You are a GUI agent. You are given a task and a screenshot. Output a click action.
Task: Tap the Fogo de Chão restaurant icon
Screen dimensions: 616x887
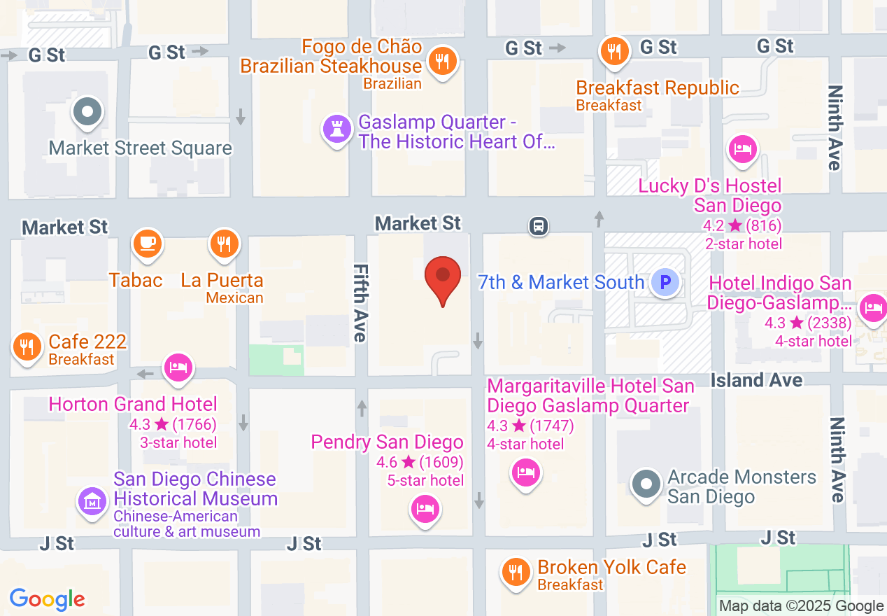tap(442, 61)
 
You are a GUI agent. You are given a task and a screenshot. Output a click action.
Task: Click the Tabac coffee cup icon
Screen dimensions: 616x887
tap(148, 244)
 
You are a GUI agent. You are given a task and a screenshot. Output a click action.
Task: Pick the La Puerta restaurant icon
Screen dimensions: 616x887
tap(224, 244)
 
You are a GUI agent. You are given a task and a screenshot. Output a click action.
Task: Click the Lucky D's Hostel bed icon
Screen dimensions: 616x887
tap(742, 149)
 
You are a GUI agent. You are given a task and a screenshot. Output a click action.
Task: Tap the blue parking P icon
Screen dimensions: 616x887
tap(665, 283)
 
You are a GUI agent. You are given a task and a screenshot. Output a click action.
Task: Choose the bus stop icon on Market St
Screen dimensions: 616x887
tap(538, 226)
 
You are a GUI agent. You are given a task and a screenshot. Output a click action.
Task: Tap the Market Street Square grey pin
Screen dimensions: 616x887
tap(88, 112)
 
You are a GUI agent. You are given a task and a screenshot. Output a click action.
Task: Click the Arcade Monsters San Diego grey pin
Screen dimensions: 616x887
tap(646, 484)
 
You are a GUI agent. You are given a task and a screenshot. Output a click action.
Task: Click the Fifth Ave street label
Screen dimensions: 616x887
tap(360, 302)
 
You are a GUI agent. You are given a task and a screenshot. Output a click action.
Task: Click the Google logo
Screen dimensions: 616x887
tap(48, 599)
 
